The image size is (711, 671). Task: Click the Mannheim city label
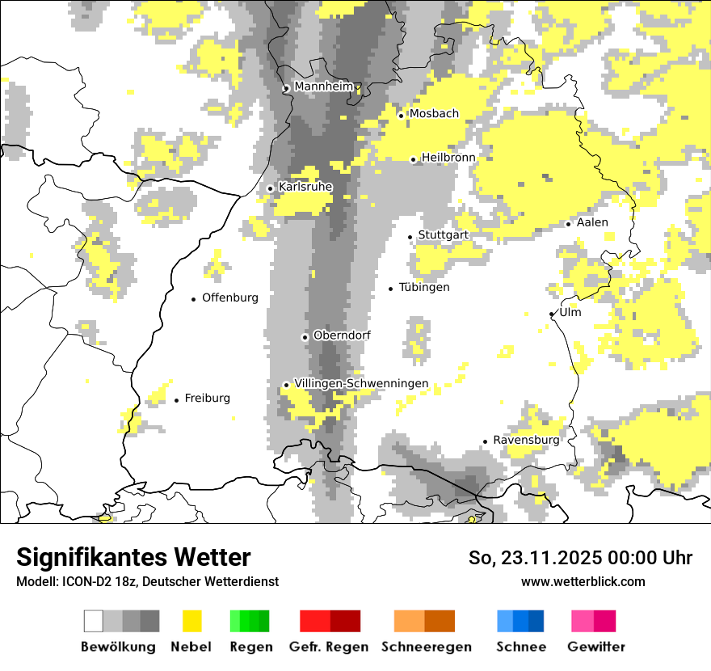(324, 87)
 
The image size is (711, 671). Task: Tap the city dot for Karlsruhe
(271, 188)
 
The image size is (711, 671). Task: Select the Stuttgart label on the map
(443, 235)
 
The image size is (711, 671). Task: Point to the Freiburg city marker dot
(177, 400)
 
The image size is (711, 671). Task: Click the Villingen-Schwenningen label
(361, 384)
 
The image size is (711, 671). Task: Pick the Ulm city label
(570, 312)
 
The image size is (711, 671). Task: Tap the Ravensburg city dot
(486, 441)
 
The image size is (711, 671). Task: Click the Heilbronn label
(448, 158)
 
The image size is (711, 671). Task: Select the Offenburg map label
(230, 298)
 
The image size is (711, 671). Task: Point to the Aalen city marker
(569, 224)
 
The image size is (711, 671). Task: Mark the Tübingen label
(424, 288)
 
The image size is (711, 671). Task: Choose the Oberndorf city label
(342, 335)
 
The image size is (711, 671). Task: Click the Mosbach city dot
(401, 116)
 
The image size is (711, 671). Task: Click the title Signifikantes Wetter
(133, 557)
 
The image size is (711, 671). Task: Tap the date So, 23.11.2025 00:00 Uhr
(580, 558)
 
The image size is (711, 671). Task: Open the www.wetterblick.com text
(583, 581)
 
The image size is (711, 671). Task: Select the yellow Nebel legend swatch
(191, 621)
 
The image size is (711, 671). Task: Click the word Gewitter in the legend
(595, 647)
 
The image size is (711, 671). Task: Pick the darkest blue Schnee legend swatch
(536, 621)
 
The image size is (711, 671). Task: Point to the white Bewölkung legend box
(94, 621)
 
